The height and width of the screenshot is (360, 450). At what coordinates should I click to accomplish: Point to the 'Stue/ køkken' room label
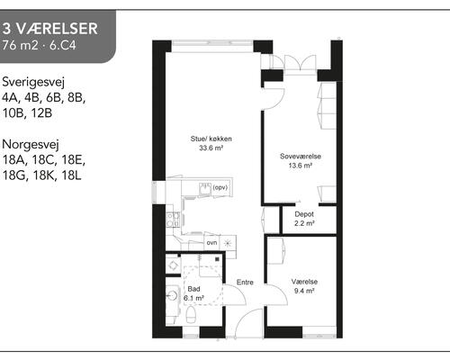click(211, 139)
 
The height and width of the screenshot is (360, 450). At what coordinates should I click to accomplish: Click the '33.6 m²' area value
click(211, 149)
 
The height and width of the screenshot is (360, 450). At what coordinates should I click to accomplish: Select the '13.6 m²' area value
click(300, 166)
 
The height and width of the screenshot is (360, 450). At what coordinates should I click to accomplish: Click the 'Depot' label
click(304, 214)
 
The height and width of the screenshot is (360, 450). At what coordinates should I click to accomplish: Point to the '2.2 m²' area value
click(304, 224)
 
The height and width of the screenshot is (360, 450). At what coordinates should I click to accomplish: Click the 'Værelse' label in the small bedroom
click(302, 282)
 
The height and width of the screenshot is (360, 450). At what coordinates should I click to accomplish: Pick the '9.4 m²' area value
click(302, 292)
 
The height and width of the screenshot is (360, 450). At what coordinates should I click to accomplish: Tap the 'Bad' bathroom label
click(193, 288)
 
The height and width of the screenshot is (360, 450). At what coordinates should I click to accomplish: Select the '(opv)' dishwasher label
click(219, 188)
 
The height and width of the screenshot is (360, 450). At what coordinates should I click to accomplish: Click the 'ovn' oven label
click(211, 243)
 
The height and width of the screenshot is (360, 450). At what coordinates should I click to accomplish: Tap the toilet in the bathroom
click(194, 315)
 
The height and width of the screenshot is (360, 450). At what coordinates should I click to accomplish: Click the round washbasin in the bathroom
click(172, 294)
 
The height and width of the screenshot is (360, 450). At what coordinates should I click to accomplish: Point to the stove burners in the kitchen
click(230, 243)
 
